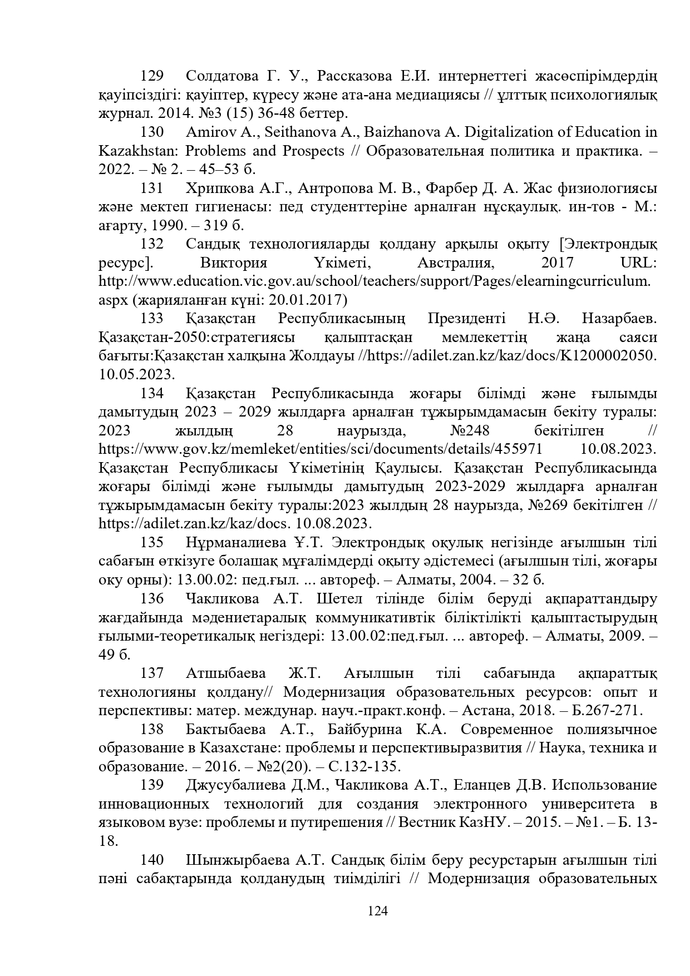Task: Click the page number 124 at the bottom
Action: point(378,911)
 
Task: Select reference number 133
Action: point(152,319)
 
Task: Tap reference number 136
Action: point(152,598)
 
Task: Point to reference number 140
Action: point(152,860)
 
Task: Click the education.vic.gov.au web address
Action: point(374,281)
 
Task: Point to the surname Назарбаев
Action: point(619,319)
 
